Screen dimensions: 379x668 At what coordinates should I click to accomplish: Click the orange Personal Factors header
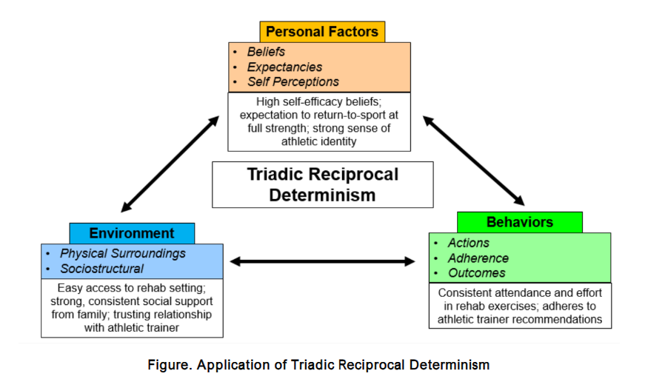tap(322, 32)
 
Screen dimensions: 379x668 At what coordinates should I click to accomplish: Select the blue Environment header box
tap(132, 233)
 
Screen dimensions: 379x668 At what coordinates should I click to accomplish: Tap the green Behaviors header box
tap(519, 222)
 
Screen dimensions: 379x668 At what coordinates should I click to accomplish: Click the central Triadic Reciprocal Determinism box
tap(322, 185)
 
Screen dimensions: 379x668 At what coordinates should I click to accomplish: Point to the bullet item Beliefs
tap(266, 53)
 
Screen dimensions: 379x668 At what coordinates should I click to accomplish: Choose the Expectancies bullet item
tap(284, 67)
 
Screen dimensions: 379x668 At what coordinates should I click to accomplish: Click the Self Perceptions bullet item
tap(293, 82)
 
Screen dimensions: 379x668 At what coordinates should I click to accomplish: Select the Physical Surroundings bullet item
tap(123, 253)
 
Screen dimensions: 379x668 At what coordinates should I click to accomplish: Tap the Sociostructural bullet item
tap(102, 269)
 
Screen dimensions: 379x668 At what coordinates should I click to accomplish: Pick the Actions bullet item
tap(468, 243)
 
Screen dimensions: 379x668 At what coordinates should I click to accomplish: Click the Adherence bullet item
tap(478, 258)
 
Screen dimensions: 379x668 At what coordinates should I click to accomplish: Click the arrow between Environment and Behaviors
tap(323, 261)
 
